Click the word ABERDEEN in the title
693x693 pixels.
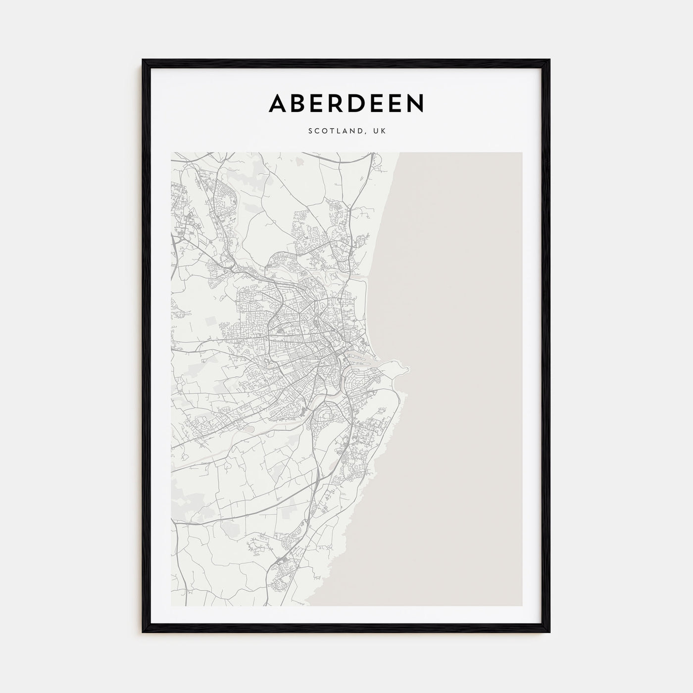pos(346,103)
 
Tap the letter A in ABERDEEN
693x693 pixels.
pos(277,103)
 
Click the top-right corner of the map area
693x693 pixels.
pos(522,152)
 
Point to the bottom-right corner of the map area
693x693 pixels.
pos(522,606)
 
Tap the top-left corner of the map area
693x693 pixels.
pos(171,152)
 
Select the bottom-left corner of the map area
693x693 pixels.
pos(171,606)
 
